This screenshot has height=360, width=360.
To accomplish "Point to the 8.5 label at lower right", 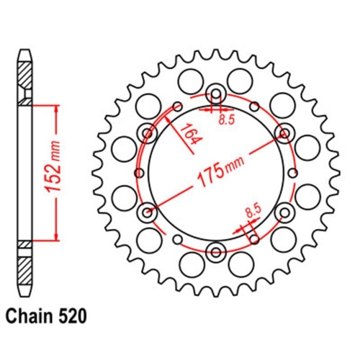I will pos(253,212).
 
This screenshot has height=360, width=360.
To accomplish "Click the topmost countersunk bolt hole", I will pos(216,94).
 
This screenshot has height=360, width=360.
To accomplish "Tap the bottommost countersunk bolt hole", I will pos(216,251).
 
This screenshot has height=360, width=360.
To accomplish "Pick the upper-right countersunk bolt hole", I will pos(284,132).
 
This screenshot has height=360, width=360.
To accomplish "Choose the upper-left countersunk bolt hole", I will pos(148,132).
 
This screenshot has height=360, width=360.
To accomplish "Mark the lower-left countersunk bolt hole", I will pos(148,212).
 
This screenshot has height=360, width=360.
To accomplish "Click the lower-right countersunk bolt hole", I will pos(284,212).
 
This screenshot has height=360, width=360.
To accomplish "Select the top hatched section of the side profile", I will pos(25,74).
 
